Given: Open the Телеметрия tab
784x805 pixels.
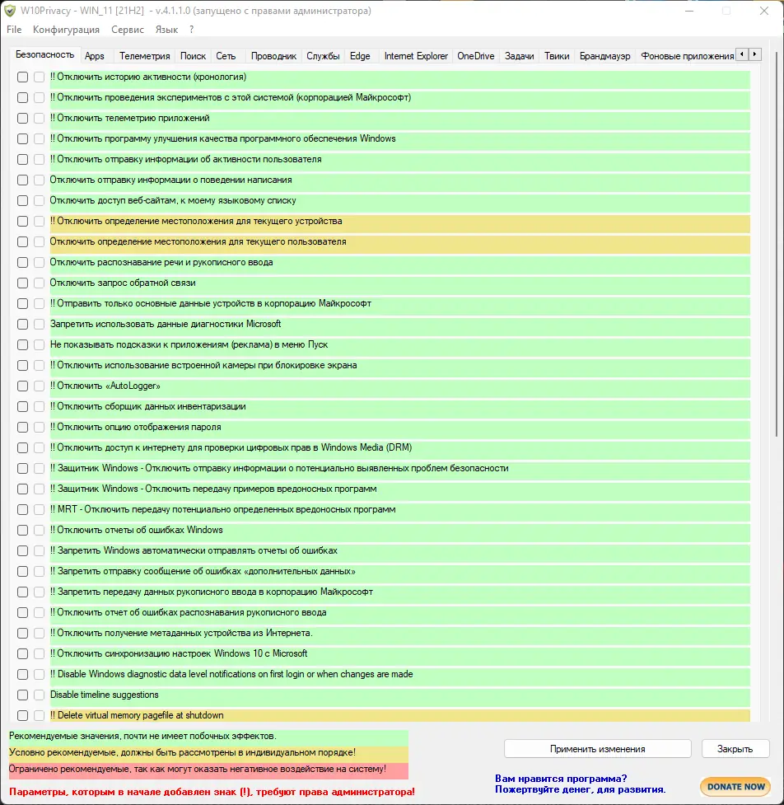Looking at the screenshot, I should click(x=144, y=56).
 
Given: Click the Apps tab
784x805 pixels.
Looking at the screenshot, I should click(x=95, y=56).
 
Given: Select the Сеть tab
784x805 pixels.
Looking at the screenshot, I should click(x=226, y=56).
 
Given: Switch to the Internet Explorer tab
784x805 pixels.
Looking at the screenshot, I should click(x=416, y=56).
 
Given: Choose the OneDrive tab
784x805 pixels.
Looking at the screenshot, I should click(x=475, y=56).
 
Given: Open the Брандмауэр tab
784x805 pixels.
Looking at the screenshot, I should click(x=604, y=56).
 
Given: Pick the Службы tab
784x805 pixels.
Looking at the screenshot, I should click(x=323, y=56).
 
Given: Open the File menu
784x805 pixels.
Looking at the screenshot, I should click(x=14, y=30).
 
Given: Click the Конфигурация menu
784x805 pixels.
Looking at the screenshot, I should click(x=66, y=30).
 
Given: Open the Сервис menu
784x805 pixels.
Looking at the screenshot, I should click(x=128, y=30).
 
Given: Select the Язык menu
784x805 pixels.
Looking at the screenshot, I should click(x=166, y=30).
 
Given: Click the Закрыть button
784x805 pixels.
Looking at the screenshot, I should click(x=735, y=749).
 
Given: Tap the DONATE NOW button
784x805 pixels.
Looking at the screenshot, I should click(x=735, y=786).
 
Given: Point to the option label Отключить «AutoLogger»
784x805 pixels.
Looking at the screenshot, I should click(x=105, y=386).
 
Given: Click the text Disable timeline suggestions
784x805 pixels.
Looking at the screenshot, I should click(x=104, y=695).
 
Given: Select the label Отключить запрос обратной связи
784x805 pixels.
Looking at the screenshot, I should click(x=123, y=283).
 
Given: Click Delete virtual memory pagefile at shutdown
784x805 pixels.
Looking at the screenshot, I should click(x=137, y=715).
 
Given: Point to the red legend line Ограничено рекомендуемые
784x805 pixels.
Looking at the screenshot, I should click(x=198, y=769).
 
